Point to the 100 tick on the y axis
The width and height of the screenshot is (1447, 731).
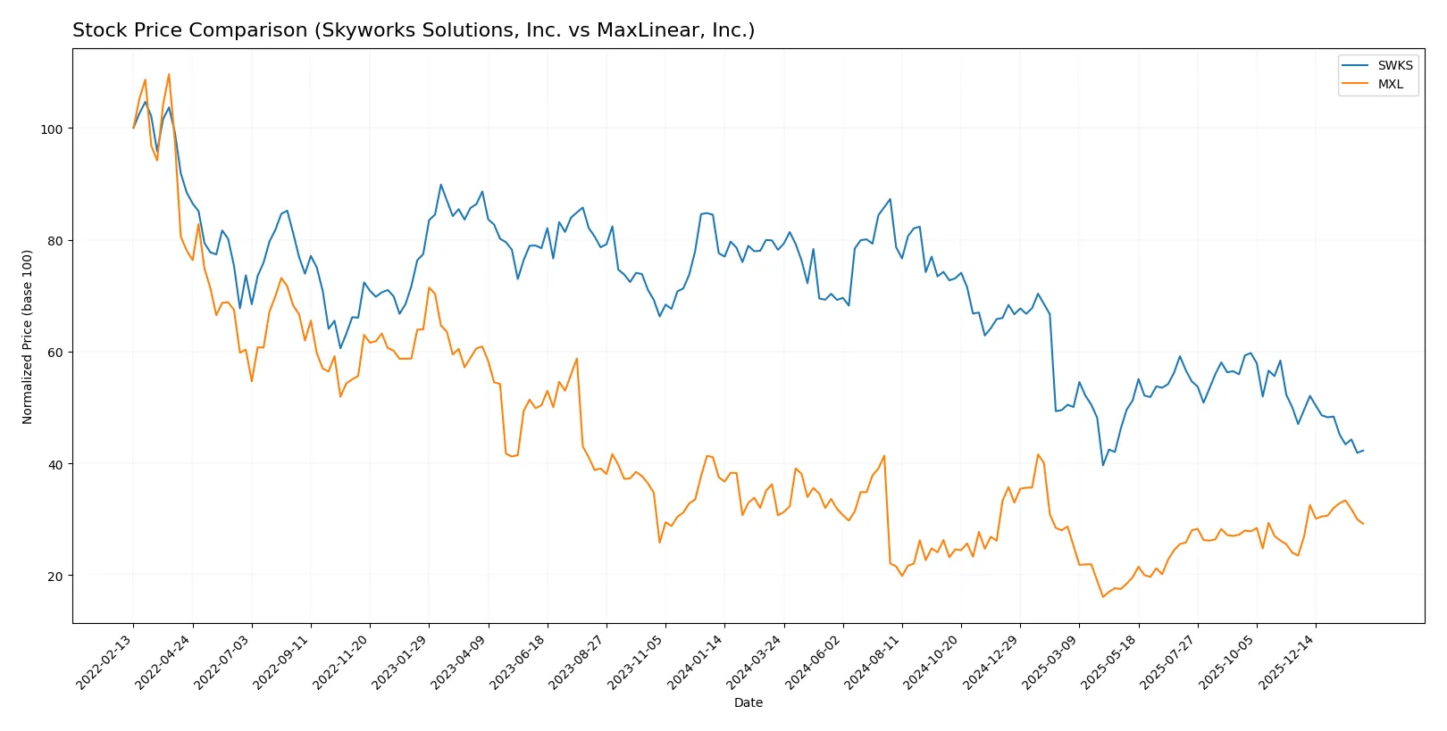coord(51,129)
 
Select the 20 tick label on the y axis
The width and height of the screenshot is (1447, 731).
coord(54,577)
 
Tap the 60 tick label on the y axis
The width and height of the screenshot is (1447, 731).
coord(54,353)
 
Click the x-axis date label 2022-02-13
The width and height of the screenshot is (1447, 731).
coord(105,661)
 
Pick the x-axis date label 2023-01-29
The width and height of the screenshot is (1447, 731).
coord(401,661)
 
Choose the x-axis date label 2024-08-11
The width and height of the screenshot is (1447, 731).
coord(874,661)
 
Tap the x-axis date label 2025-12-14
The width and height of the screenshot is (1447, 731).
coord(1287,661)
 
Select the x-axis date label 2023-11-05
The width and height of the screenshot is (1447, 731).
coord(637,661)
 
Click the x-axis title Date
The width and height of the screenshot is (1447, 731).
coord(748,703)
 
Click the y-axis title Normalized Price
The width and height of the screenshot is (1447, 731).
coord(28,336)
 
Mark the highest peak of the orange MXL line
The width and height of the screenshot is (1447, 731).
coord(169,74)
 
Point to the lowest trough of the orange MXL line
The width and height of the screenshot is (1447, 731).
coord(1103,596)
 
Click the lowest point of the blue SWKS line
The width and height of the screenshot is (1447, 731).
coord(1103,465)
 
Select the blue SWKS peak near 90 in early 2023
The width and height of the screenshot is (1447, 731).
coord(440,185)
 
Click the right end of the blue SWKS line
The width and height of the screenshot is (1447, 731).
coord(1363,451)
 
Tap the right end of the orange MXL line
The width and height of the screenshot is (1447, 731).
coord(1363,524)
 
